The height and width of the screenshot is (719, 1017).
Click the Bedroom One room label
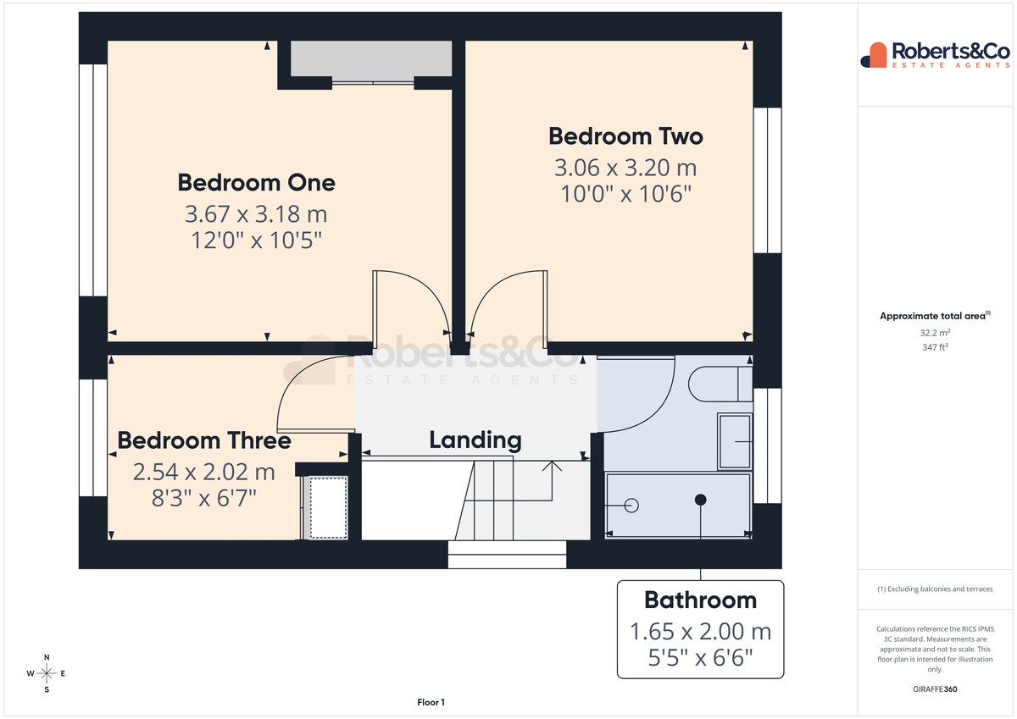(256, 183)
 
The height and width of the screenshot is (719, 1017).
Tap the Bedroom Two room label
(625, 136)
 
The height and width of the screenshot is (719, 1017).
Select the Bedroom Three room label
(204, 440)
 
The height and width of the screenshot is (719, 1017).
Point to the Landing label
(475, 440)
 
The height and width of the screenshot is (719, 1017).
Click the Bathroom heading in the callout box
(700, 600)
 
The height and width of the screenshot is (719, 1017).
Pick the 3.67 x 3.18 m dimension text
(256, 214)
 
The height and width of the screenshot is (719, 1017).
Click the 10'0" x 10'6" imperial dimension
(625, 194)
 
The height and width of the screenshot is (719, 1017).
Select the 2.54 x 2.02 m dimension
(204, 472)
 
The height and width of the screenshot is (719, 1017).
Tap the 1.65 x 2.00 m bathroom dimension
(700, 632)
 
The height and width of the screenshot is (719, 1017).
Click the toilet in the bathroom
(720, 384)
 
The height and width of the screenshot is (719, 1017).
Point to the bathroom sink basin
(735, 441)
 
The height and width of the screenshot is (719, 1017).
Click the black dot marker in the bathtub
(701, 500)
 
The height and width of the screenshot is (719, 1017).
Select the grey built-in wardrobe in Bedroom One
(371, 58)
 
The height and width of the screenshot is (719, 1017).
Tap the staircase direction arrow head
(552, 466)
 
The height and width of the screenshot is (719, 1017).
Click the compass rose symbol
(47, 673)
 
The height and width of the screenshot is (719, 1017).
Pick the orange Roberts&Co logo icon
(874, 55)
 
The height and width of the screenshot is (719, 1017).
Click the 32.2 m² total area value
(935, 333)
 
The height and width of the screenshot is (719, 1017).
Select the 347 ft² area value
(935, 347)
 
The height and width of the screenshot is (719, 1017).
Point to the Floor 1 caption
(431, 702)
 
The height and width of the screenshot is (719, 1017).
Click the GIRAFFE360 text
(935, 689)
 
